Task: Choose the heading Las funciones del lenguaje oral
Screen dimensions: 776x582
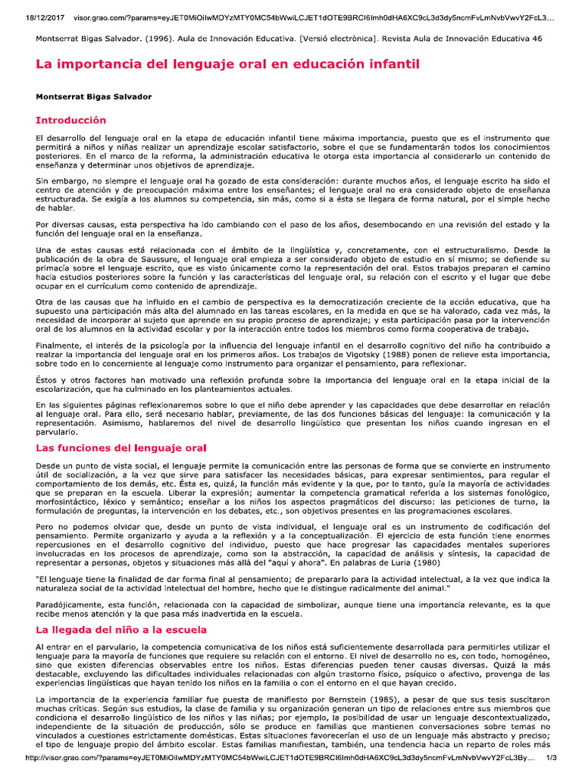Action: point(121,449)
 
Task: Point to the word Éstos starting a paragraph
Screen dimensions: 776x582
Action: point(47,379)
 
